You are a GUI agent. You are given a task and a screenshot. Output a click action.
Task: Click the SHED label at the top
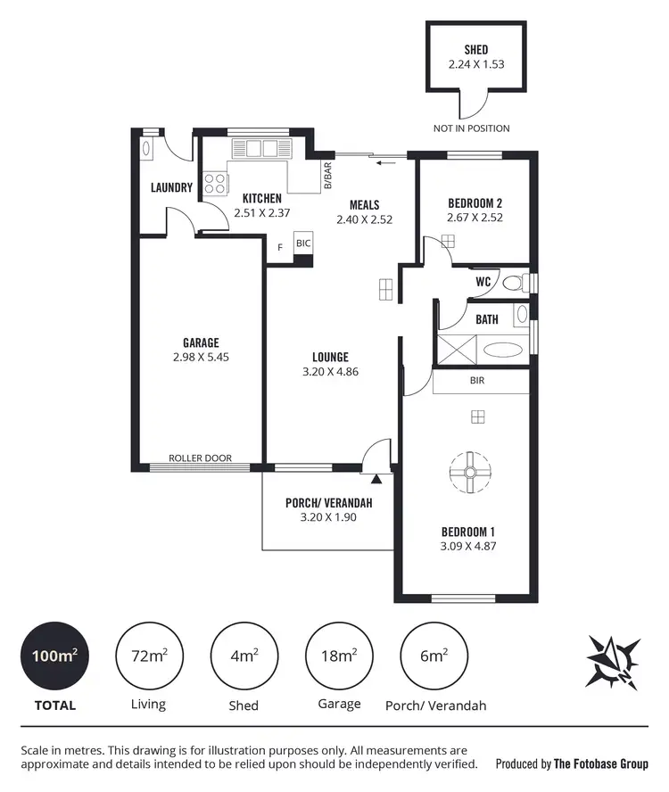tap(476, 50)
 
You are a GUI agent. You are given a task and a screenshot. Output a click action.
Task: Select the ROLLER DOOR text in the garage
tap(201, 458)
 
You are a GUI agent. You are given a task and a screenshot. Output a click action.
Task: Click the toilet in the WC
tap(513, 283)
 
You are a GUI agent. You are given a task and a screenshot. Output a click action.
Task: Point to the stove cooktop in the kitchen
tap(215, 184)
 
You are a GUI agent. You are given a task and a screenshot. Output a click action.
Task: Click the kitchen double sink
tap(260, 148)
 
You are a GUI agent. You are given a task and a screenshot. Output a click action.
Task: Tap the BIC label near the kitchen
tap(303, 243)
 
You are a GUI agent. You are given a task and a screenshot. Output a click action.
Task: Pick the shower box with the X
tap(457, 348)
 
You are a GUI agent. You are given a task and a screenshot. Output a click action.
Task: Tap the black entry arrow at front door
tap(376, 480)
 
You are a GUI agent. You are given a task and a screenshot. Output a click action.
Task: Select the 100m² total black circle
tap(54, 656)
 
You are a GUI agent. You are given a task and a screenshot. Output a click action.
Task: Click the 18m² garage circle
tap(338, 656)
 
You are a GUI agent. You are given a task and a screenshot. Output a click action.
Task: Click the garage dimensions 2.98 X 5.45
tap(201, 357)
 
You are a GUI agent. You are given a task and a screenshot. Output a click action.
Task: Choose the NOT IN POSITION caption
tap(472, 128)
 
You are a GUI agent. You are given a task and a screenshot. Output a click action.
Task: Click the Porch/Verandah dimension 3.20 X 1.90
tap(327, 516)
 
